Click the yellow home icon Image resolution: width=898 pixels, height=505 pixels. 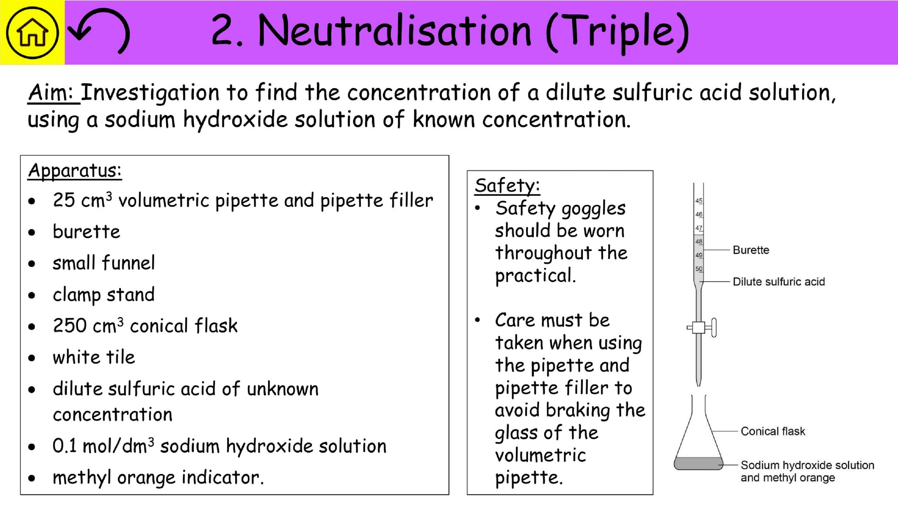(x=32, y=32)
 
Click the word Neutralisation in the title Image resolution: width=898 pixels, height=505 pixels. (x=395, y=31)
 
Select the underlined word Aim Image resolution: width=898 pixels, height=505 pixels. (x=51, y=92)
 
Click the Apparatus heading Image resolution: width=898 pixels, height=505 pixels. (x=75, y=171)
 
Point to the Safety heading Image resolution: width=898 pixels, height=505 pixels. (x=507, y=186)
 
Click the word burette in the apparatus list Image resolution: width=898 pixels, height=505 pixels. (x=86, y=232)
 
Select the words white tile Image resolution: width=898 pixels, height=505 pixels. (x=94, y=357)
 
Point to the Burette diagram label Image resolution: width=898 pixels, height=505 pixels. (x=751, y=250)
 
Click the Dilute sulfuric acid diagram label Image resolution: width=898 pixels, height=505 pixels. (x=778, y=282)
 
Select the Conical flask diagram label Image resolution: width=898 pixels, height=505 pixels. (x=772, y=431)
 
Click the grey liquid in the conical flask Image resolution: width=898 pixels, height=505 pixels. (x=698, y=463)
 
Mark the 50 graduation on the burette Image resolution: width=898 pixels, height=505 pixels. (x=699, y=269)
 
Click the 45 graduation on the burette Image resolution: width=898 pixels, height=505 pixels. (x=699, y=201)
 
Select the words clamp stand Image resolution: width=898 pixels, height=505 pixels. (x=103, y=295)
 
